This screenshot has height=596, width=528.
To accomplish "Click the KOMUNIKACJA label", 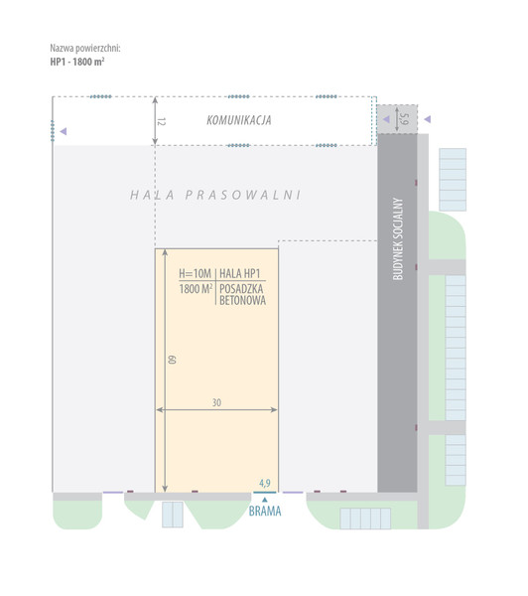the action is click(239, 120).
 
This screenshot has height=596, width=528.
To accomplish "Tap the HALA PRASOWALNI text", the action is click(215, 195).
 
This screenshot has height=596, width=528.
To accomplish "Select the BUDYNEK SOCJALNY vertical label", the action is click(397, 238).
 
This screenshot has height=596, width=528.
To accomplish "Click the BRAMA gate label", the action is click(265, 512).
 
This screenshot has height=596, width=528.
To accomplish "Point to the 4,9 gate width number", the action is click(265, 483).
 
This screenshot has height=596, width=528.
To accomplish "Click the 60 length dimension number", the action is click(172, 360).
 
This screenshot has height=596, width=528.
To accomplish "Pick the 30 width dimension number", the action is click(216, 402).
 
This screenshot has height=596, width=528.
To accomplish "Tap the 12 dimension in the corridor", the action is click(162, 121).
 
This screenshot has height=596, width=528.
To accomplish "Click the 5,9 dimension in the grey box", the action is click(405, 119).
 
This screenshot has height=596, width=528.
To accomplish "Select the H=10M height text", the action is click(195, 273).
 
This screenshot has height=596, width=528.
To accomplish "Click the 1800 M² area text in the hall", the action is click(196, 289).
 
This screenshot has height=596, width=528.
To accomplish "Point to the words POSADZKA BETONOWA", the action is click(242, 295).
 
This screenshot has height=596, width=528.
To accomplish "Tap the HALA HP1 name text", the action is click(240, 273).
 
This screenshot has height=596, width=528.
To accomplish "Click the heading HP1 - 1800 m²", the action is click(77, 62).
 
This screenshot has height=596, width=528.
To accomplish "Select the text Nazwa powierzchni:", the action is click(85, 49).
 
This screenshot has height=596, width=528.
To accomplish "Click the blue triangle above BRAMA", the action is click(265, 500).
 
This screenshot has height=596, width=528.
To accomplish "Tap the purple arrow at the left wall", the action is click(64, 131).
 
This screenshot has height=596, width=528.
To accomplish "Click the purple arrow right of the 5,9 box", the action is click(428, 119).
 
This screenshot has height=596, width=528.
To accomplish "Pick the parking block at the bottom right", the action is click(365, 519).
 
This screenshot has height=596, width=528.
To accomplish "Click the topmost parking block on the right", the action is click(453, 180).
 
